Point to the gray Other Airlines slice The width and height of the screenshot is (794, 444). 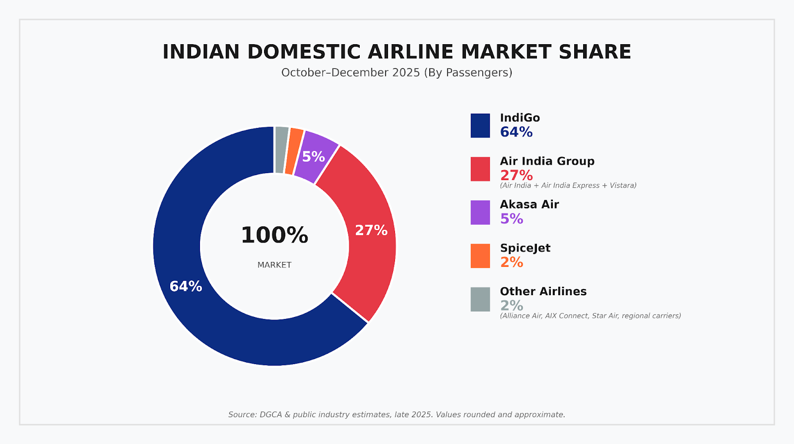coord(281,149)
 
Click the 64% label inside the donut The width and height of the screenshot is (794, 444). coord(186,286)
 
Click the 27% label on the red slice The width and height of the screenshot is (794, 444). coord(371,230)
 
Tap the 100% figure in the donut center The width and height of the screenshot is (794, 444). coord(274,235)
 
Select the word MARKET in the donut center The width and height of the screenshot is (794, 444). coord(274,265)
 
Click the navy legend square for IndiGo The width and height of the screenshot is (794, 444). coord(480,126)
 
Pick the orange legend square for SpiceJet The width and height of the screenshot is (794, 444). coord(480,256)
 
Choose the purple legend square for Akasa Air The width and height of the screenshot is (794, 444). coord(480,212)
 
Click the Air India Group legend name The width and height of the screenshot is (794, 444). coord(547,161)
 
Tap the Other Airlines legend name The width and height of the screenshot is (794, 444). coord(543,291)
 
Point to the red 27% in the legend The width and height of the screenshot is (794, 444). coord(516,175)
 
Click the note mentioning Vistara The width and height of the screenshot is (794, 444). coord(568,186)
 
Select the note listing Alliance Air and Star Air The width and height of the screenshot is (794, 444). coord(590,316)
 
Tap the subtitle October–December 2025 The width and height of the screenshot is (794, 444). coord(397,72)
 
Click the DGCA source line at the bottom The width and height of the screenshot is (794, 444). coord(397,415)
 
